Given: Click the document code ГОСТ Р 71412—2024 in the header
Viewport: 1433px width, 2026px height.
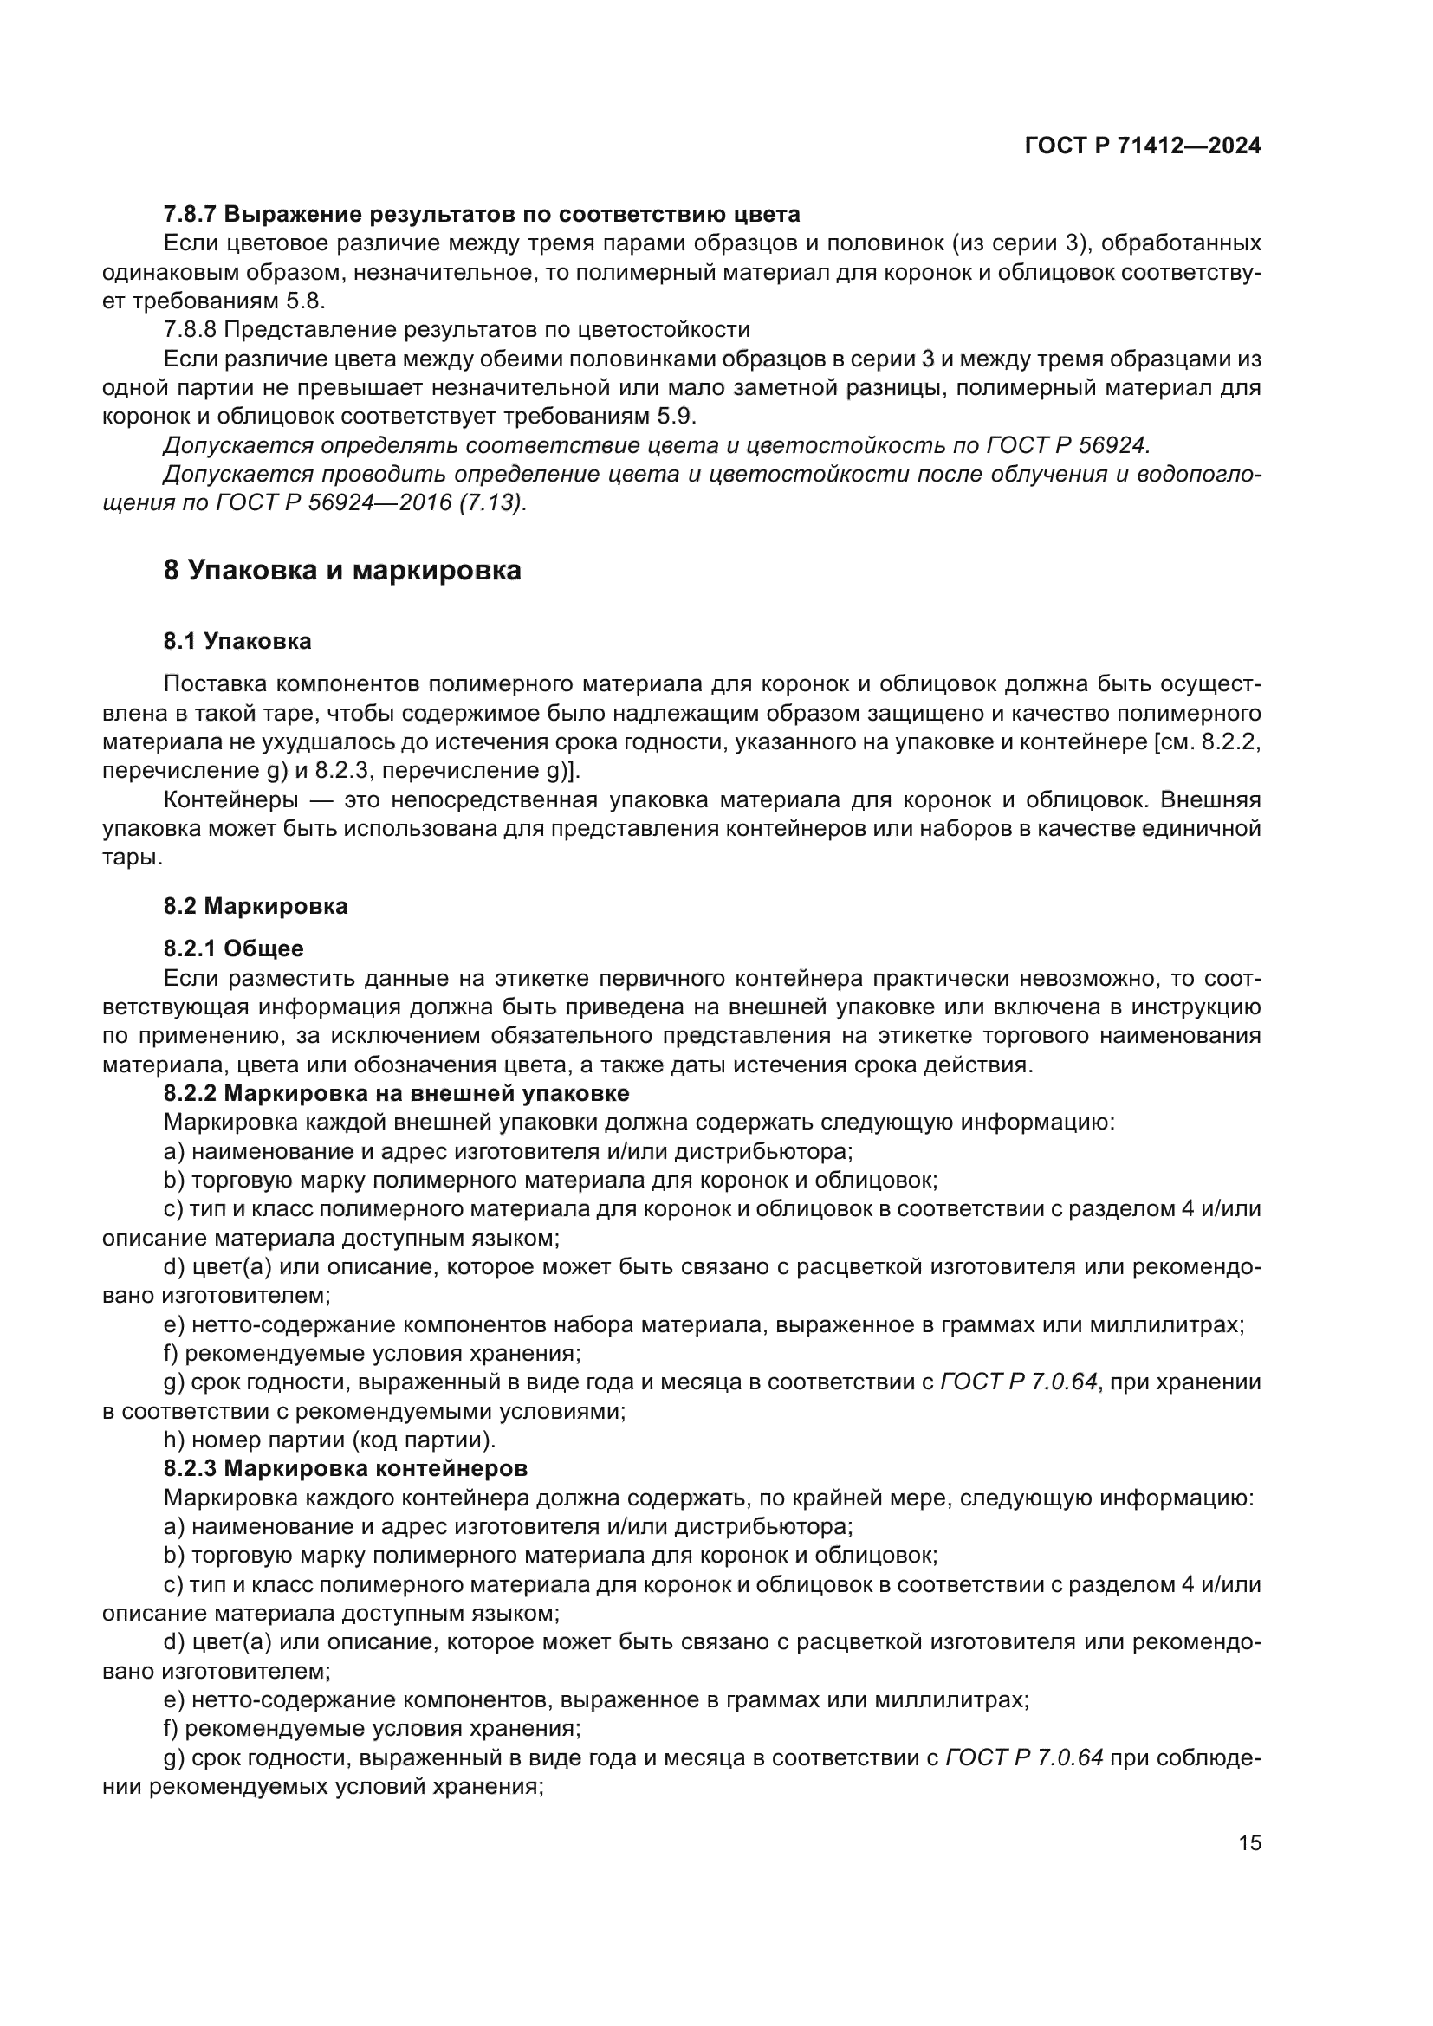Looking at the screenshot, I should coord(1143,146).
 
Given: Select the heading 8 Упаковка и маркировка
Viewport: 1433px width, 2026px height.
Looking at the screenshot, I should coord(342,571).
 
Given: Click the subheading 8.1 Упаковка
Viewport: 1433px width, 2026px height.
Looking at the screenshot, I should coord(237,642).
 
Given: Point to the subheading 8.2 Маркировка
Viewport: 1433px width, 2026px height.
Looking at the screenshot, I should coord(256,906).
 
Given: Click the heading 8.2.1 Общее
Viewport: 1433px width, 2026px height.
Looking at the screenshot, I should coord(234,948).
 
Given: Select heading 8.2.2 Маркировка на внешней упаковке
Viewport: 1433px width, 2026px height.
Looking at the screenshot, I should coord(396,1093).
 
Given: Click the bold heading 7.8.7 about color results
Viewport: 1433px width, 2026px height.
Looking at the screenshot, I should coord(482,214).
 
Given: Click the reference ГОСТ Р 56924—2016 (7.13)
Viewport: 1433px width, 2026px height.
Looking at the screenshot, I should coord(371,504).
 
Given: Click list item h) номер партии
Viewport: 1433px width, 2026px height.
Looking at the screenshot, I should coord(330,1440).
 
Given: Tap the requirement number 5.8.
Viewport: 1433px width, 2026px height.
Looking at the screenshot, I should coord(304,301).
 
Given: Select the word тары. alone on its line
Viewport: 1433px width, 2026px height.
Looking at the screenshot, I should coord(133,858).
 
